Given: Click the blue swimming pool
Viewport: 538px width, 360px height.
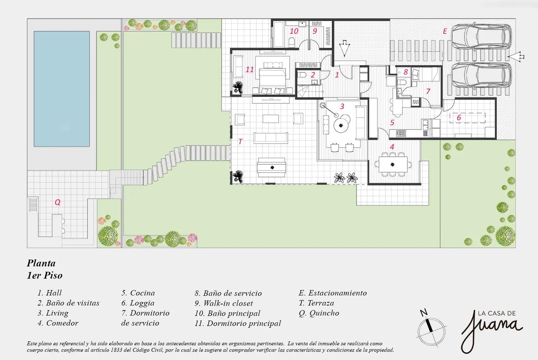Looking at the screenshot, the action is click(62, 89).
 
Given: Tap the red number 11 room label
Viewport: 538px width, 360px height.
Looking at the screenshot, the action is click(250, 70).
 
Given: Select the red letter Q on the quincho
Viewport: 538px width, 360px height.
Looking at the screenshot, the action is click(57, 202).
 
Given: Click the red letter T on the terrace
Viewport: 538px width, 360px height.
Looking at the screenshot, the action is click(240, 142).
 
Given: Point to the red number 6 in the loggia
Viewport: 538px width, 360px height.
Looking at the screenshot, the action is click(459, 118).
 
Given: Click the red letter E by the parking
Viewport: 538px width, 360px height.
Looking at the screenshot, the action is click(445, 31).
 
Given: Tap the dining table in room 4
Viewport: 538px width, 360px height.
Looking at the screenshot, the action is click(393, 165).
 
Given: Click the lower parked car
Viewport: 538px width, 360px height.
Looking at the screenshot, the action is click(481, 77).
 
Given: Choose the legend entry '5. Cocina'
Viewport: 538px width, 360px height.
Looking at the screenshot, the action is click(138, 293).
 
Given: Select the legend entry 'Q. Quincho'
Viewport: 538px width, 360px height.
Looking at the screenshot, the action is click(319, 313).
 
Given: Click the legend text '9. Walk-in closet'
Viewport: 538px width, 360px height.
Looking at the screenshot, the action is click(223, 303).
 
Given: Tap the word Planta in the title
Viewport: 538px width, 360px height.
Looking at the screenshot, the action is click(41, 263).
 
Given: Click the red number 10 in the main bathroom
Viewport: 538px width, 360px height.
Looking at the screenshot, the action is click(294, 31).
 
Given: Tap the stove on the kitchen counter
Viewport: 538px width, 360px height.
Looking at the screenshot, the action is click(400, 133).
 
